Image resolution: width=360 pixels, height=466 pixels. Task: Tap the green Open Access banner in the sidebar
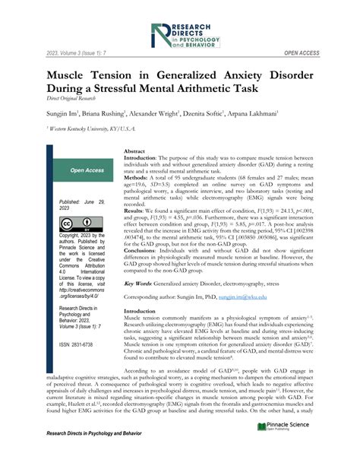click(x=87, y=171)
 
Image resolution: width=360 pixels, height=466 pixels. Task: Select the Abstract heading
click(x=134, y=152)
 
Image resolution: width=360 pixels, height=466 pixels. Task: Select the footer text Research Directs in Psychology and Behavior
click(x=95, y=452)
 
